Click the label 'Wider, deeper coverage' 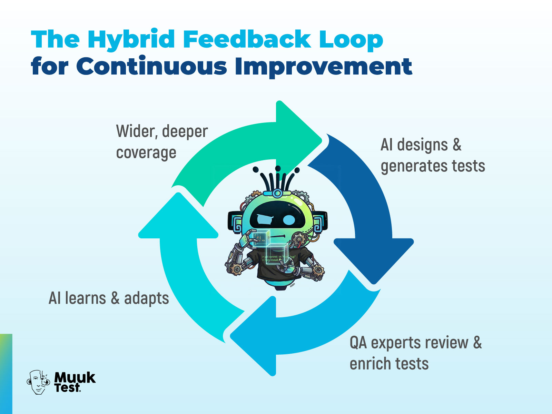click(162, 142)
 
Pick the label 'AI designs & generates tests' click(433, 155)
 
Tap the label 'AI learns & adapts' click(109, 298)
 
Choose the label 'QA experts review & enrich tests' click(415, 353)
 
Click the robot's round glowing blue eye click(289, 219)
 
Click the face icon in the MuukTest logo click(38, 382)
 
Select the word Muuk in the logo click(75, 377)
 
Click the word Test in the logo click(67, 388)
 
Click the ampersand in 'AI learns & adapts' click(115, 298)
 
